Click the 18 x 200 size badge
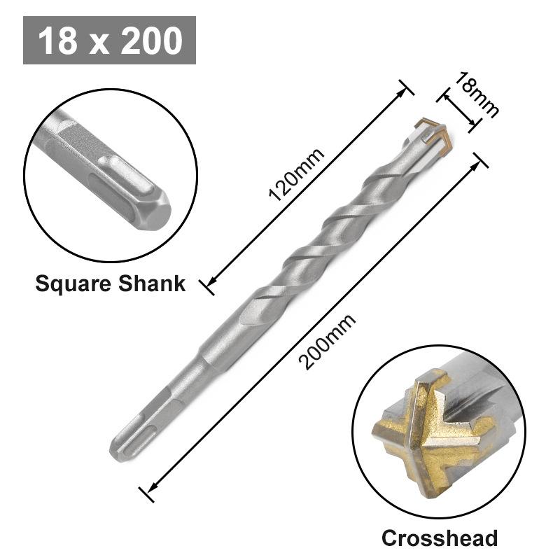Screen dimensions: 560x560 click(109, 41)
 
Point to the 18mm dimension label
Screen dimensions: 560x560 click(476, 94)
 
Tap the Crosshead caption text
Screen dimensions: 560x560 click(439, 538)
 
